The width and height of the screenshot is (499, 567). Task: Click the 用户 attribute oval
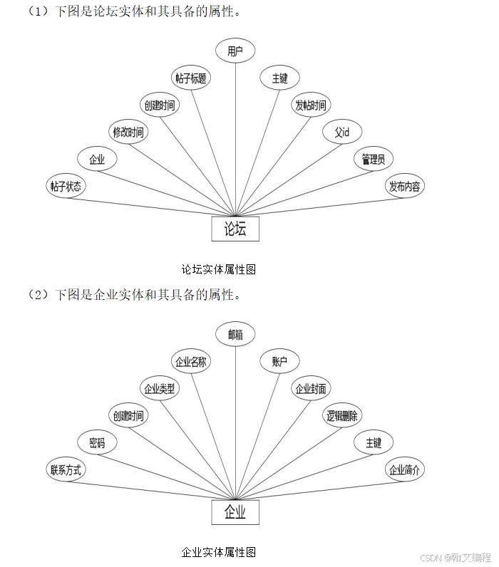235,51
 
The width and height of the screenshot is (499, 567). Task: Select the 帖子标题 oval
191,78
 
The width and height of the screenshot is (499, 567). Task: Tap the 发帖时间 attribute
311,105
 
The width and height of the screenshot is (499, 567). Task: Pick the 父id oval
342,132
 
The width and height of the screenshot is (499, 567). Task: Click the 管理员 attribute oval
373,160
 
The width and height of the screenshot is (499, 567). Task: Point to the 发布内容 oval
404,187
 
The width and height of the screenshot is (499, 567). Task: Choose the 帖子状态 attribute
66,187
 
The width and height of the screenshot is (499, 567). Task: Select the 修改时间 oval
128,132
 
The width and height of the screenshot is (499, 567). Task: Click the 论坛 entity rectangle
235,229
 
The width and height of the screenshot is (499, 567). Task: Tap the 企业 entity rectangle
235,512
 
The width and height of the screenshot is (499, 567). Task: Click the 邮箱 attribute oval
235,334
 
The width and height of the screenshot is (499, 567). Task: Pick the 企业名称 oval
191,362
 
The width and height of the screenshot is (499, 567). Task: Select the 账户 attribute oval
279,362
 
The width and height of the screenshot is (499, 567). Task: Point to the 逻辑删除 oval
342,416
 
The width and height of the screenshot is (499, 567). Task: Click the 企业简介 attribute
404,470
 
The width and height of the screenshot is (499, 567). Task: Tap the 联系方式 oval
66,470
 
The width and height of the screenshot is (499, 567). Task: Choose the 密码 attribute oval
97,443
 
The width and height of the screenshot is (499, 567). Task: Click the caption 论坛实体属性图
218,269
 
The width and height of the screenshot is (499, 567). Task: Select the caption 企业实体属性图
218,552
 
